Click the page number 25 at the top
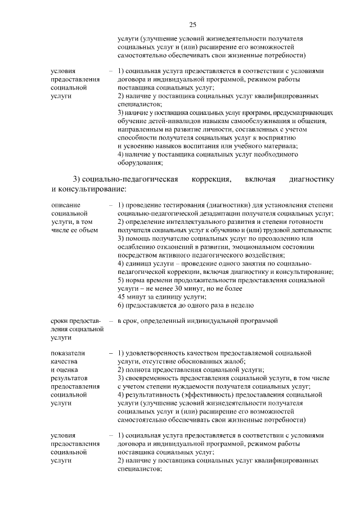[192, 24]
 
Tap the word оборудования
[140, 163]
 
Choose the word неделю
[242, 305]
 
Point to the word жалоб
[235, 361]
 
